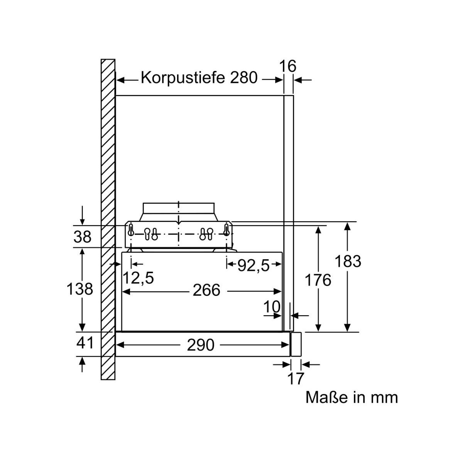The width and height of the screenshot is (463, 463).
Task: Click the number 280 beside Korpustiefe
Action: (x=243, y=78)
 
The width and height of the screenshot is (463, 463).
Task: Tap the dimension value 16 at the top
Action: (x=288, y=66)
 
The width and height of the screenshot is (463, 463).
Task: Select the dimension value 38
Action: (x=83, y=237)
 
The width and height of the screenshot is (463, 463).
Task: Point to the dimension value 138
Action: (x=79, y=289)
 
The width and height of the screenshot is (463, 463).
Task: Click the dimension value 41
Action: (x=84, y=343)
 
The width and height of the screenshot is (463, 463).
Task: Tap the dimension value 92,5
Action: (x=253, y=266)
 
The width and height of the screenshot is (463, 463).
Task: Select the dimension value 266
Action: (x=206, y=290)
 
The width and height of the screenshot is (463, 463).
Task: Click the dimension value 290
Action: (x=200, y=345)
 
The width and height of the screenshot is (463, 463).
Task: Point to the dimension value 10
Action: (x=272, y=307)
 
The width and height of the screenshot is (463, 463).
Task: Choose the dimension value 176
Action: (x=318, y=280)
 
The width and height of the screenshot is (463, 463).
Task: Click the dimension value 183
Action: (x=348, y=261)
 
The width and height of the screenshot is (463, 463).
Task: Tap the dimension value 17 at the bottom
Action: (x=296, y=379)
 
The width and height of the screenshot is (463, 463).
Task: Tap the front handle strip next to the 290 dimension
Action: (x=296, y=344)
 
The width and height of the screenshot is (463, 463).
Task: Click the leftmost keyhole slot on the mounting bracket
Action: (x=131, y=230)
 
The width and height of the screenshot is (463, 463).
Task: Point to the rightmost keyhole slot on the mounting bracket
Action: (x=226, y=230)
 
